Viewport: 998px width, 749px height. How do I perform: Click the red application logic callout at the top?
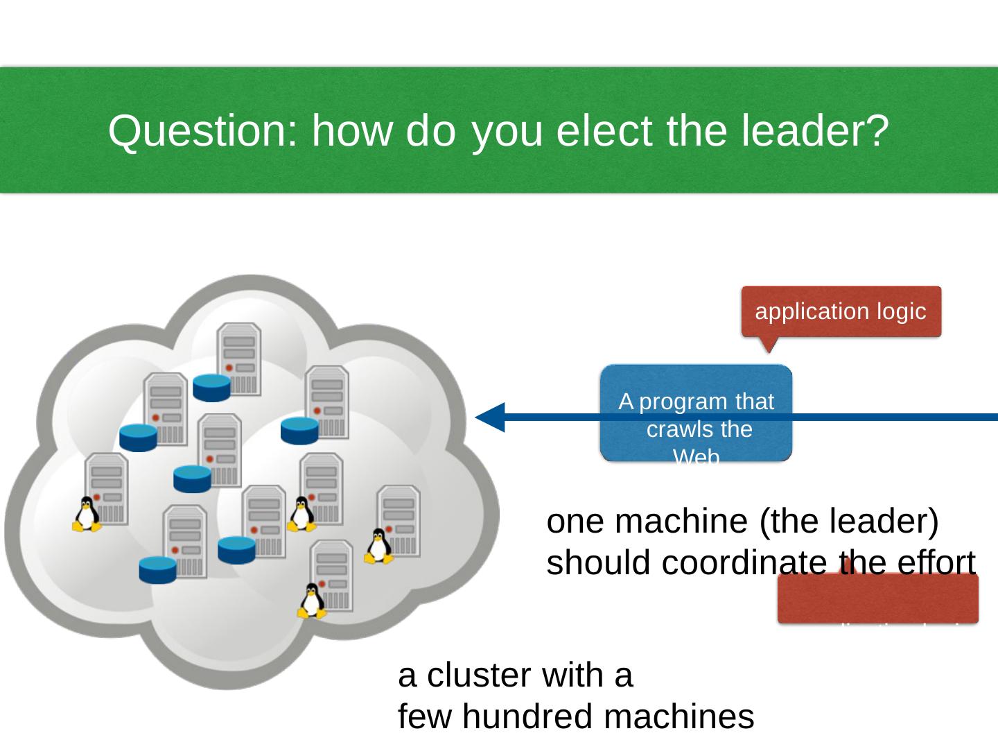841,311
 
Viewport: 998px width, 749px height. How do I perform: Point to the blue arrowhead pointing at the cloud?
491,417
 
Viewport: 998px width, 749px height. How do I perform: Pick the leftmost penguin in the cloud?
87,515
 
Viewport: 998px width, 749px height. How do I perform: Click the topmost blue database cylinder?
211,388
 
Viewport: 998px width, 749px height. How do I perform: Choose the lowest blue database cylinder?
158,570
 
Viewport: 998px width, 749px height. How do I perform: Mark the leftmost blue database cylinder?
138,438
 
